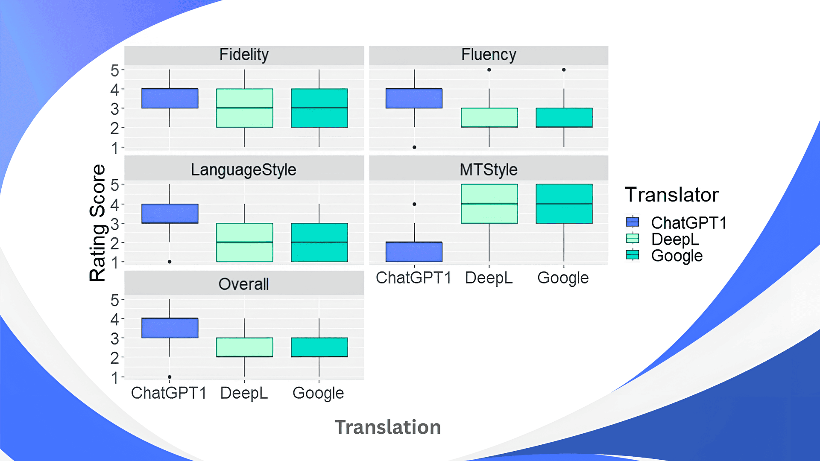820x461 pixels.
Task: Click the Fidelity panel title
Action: tap(244, 55)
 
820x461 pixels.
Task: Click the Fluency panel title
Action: tap(489, 55)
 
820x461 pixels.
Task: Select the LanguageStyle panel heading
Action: tap(243, 170)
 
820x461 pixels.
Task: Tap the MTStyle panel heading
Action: tap(489, 170)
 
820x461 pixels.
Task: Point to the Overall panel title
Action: tap(243, 284)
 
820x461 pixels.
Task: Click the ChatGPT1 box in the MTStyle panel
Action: tap(414, 252)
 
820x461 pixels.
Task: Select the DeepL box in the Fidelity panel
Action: tap(244, 108)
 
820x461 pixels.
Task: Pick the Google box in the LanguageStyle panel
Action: tap(319, 242)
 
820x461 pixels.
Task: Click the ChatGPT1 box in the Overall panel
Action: tap(170, 328)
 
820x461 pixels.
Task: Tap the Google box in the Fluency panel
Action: tap(564, 117)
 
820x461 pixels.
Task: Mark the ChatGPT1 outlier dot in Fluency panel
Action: tap(414, 147)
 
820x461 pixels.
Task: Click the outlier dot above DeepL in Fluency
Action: tap(489, 70)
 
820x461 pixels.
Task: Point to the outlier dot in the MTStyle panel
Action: tap(414, 204)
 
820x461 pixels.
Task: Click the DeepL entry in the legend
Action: tap(675, 239)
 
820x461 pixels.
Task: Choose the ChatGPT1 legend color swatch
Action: tap(633, 222)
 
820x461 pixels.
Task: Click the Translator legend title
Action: tap(671, 195)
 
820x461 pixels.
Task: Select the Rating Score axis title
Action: tap(98, 223)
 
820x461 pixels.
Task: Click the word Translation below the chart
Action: tap(387, 427)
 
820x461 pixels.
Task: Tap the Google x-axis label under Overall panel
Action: tap(318, 393)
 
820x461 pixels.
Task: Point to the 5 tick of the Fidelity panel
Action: tap(114, 70)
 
